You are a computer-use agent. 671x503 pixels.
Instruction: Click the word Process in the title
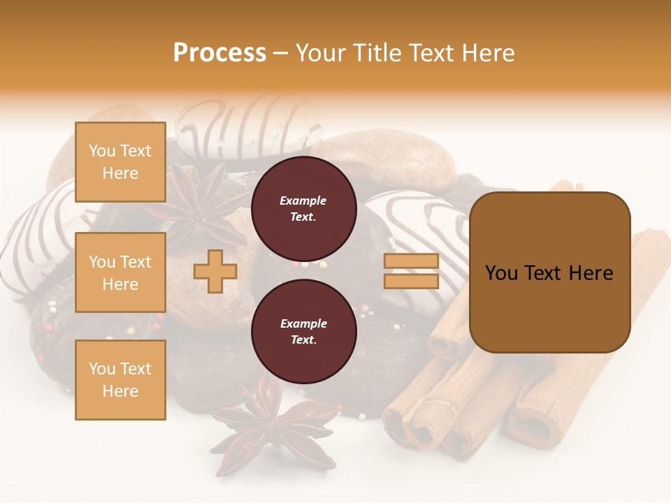(219, 52)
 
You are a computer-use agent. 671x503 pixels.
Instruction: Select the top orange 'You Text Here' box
(120, 162)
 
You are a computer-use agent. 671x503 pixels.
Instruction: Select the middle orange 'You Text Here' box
(120, 272)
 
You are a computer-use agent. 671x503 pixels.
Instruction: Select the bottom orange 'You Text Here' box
(120, 379)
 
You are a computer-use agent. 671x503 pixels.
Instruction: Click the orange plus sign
(215, 272)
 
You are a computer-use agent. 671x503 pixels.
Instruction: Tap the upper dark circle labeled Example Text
(303, 209)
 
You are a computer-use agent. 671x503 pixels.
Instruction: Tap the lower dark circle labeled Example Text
(303, 331)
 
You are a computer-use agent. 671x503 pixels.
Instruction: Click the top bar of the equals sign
(411, 261)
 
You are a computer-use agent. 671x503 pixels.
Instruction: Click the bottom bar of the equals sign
(411, 281)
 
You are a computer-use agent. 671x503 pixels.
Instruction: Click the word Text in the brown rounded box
(548, 273)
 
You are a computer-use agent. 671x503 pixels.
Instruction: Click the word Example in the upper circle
(303, 201)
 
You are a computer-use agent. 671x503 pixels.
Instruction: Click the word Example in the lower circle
(303, 323)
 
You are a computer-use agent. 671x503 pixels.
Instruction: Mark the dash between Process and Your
(281, 54)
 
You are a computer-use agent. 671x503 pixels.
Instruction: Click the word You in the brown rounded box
(501, 273)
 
